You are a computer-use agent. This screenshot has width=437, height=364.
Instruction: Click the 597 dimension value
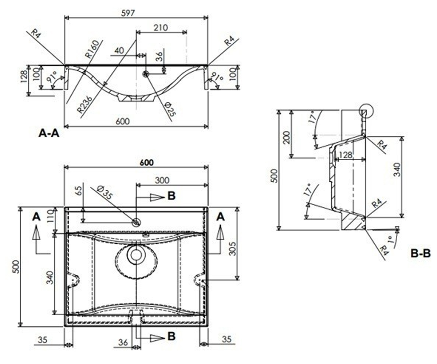point(128,13)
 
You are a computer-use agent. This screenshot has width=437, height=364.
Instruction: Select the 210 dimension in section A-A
point(161,28)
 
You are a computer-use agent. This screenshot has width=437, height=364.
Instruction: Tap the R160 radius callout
point(92,49)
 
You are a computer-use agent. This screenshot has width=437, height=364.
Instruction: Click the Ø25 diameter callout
point(170,109)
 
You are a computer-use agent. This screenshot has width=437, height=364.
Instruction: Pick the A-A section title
point(49,133)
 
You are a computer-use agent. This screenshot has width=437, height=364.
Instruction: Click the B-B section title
point(421,253)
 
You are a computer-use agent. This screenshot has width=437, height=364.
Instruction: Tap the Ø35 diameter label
point(105,193)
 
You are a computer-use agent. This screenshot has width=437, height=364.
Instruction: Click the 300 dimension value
point(162,180)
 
